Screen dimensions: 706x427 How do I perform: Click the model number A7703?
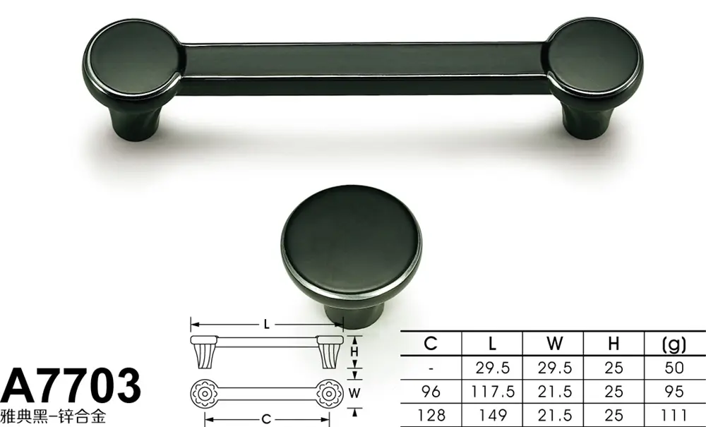click(x=70, y=385)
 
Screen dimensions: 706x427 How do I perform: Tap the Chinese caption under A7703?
click(x=53, y=416)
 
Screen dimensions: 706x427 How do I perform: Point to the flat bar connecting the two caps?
click(x=366, y=68)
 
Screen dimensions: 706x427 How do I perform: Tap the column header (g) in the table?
click(x=674, y=344)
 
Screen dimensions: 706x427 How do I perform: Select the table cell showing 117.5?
click(x=493, y=392)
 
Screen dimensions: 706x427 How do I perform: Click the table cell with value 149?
click(x=493, y=414)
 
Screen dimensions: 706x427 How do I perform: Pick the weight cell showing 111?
click(x=674, y=414)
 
